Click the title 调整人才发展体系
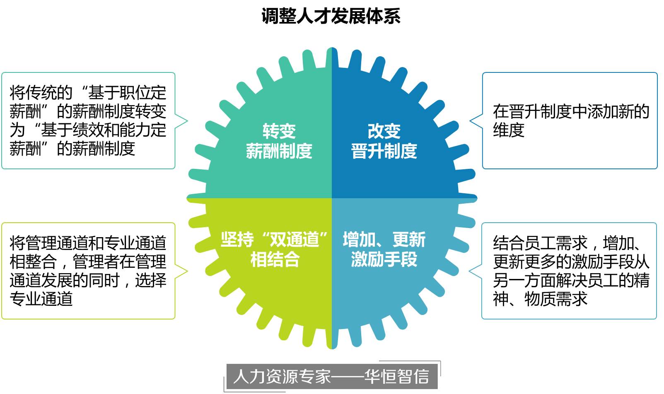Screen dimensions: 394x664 (331, 16)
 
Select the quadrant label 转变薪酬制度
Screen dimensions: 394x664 (279, 141)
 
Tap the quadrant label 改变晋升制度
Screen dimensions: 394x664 (384, 141)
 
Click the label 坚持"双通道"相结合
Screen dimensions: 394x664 (274, 250)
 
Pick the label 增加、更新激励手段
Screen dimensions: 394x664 (384, 250)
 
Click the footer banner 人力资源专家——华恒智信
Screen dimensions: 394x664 (331, 376)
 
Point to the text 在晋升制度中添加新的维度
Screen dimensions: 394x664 (570, 120)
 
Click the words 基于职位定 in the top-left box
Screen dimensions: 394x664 (127, 93)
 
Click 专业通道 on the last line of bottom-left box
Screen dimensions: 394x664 (41, 299)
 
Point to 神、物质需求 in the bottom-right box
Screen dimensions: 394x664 (540, 299)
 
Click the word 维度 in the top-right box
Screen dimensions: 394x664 (509, 130)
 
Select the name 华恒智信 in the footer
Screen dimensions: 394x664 (396, 376)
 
